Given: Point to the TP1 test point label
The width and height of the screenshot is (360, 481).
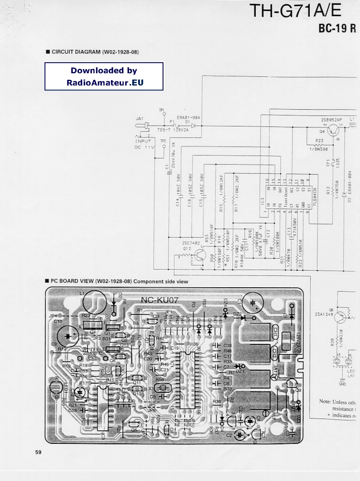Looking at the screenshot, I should (x=162, y=110).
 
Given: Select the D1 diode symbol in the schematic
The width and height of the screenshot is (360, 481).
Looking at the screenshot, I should (x=194, y=126).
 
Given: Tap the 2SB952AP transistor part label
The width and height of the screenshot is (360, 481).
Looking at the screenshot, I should (x=331, y=120).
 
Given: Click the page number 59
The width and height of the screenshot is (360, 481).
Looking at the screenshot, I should (x=39, y=452).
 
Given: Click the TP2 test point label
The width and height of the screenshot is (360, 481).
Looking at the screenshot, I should (x=163, y=141).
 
